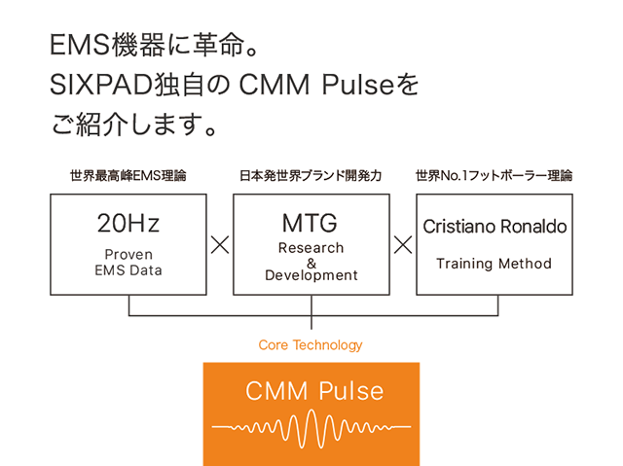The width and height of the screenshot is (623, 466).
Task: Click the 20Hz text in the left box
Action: point(128,224)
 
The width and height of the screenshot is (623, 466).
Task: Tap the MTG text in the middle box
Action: point(311,222)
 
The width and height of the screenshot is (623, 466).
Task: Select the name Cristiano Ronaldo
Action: point(495,226)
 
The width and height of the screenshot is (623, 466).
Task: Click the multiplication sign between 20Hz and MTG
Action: point(220,244)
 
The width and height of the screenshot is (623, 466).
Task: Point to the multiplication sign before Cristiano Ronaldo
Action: point(402,244)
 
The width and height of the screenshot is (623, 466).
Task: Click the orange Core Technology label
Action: point(311,345)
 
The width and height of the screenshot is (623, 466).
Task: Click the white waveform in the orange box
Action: point(311,426)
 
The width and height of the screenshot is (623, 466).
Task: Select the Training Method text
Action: point(494,264)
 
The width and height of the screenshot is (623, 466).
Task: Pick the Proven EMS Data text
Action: point(128,262)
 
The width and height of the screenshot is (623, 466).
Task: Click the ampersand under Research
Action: point(311,262)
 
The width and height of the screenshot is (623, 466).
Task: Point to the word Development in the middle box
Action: point(311,275)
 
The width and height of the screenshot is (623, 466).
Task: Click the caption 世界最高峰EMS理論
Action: point(128,177)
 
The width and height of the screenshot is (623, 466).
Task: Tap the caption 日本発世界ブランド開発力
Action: point(311,177)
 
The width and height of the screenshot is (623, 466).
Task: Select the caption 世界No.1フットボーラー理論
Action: point(494,177)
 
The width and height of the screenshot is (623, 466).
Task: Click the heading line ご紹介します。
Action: point(132,125)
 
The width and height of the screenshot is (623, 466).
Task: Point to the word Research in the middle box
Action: point(311,248)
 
